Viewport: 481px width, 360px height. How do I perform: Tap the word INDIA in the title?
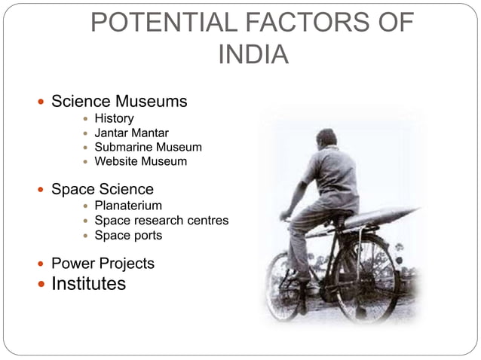tap(252, 55)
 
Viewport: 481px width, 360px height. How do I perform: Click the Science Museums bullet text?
tap(119, 101)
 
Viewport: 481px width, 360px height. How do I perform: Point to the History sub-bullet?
tap(114, 118)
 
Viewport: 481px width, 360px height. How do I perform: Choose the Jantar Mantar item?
tap(131, 133)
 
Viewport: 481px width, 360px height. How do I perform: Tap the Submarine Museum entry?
tap(148, 148)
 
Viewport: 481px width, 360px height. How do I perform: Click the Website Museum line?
tap(140, 161)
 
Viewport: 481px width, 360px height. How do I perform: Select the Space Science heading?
tap(102, 189)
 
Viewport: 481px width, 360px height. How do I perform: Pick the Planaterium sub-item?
tap(127, 206)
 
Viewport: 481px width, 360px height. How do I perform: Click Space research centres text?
tap(161, 221)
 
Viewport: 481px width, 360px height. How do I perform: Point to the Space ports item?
tap(127, 235)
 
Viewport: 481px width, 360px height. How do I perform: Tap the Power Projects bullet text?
tap(103, 264)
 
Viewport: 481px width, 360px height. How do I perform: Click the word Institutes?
tap(88, 284)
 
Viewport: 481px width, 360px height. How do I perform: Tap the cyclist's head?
tap(325, 138)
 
